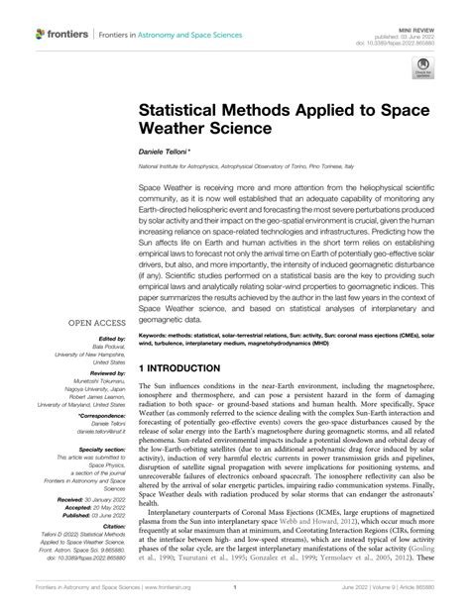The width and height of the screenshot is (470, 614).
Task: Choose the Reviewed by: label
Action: [104, 372]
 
